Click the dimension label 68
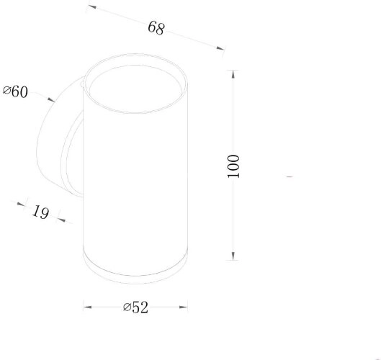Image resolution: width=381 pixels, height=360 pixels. [x=156, y=27]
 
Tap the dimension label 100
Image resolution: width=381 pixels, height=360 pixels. [x=233, y=166]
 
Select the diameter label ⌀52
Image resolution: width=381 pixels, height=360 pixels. [x=135, y=307]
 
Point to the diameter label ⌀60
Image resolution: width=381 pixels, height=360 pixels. [x=15, y=91]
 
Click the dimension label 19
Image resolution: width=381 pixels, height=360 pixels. [x=40, y=212]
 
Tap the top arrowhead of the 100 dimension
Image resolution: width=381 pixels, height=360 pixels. [x=233, y=74]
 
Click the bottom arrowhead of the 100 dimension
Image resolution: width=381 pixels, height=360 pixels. [x=233, y=256]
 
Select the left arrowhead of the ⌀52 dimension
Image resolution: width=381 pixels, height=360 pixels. [x=87, y=307]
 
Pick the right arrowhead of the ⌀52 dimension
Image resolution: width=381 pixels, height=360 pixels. [x=184, y=307]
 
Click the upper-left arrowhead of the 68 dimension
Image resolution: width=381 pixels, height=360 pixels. [x=92, y=6]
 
